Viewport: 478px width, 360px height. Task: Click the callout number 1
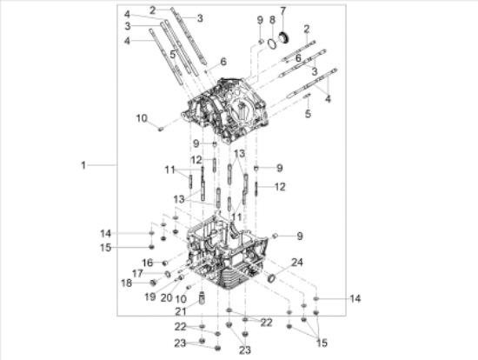83,165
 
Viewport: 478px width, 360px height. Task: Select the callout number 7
283,10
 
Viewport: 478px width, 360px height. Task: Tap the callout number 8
272,20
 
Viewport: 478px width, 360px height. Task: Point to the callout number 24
297,263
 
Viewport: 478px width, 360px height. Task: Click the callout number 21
181,312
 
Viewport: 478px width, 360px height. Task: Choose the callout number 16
148,263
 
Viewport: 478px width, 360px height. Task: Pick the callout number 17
137,273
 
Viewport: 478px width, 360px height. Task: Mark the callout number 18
127,283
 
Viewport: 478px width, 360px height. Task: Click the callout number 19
150,297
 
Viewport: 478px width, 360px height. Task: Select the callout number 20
167,298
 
